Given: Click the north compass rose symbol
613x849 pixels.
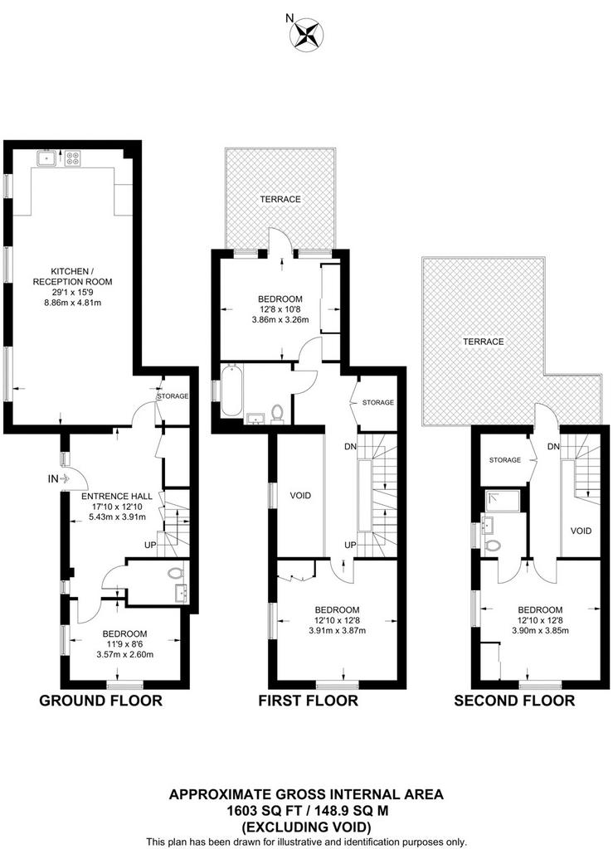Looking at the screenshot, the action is pos(307,33).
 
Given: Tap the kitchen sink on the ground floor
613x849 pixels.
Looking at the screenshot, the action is pos(47,158).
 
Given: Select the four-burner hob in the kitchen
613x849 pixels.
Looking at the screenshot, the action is pos(72,158).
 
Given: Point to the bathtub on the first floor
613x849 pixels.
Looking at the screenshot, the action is pos(231,390).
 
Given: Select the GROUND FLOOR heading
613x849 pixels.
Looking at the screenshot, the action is pos(100,701).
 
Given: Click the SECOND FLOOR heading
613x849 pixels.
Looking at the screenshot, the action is pos(514,701).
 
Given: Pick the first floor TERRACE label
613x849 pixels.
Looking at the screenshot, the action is pos(280,199).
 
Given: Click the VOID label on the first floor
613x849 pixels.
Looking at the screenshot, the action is pos(300,496).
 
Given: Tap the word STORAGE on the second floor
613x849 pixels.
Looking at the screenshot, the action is pos(504,459).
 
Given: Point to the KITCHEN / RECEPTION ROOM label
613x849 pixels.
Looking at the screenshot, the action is pos(72,276).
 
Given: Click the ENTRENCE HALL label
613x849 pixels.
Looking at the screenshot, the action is pos(117,496).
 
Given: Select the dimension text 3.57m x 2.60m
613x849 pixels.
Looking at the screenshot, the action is pos(125,654).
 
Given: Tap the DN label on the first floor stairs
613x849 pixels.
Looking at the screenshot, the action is pos(350,447).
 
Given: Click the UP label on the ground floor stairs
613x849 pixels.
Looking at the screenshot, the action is pos(150,544).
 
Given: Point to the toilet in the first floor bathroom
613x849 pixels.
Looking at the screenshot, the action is pos(277,413).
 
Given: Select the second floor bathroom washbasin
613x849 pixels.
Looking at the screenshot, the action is pos(486,525).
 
